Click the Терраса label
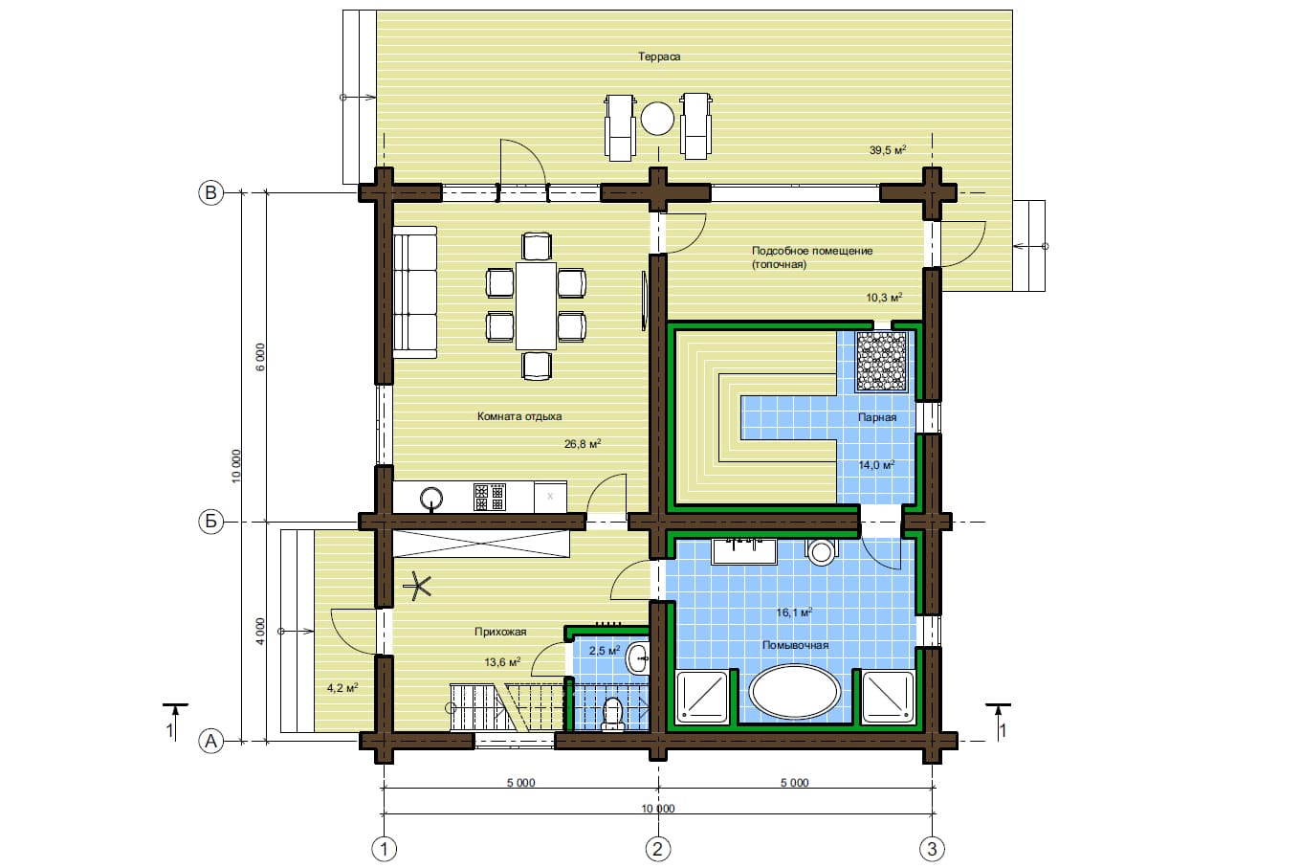(659, 56)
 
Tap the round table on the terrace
(657, 119)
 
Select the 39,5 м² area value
(888, 150)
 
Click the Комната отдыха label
(519, 416)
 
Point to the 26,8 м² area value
(583, 444)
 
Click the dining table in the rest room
(536, 305)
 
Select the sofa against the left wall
(415, 292)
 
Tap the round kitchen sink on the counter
(431, 498)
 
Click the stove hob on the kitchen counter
(490, 497)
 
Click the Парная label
(877, 417)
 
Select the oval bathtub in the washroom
(795, 692)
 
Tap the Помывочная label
(795, 645)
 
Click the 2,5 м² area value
(605, 651)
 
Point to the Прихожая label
(500, 632)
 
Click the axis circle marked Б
(210, 522)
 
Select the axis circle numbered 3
(932, 849)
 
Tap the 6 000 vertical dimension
(260, 357)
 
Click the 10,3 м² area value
(884, 298)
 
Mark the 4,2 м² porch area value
(342, 688)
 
